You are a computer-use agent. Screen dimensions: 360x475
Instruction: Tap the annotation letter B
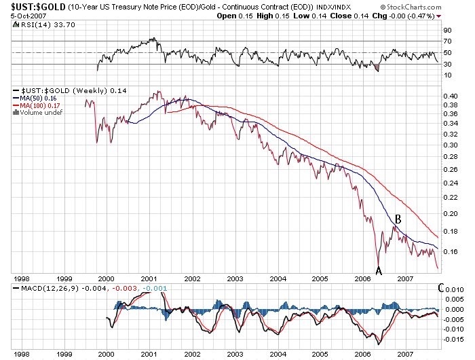coord(399,219)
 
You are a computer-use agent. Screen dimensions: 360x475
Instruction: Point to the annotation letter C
coord(442,288)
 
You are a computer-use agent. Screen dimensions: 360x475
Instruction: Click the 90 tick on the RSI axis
coord(447,30)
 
